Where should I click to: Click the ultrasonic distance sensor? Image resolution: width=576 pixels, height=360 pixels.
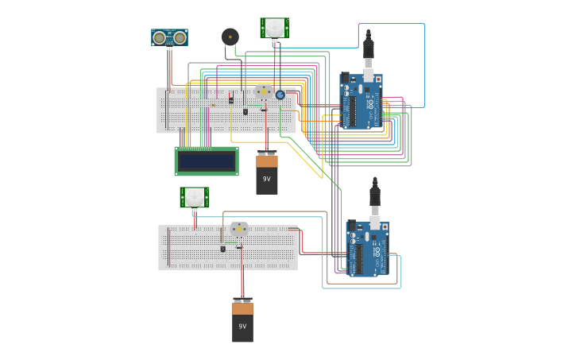point(169,37)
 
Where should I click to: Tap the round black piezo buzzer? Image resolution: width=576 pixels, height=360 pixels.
point(230,37)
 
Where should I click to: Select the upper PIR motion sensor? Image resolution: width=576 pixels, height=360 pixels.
point(274,28)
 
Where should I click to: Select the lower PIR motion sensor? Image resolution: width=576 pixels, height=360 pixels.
point(195,197)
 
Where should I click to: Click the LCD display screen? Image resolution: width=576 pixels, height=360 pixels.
point(207,161)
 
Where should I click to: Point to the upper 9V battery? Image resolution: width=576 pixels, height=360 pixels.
point(267,173)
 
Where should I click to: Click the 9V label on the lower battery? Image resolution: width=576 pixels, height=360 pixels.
point(243,326)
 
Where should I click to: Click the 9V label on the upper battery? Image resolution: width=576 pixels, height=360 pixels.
point(267,179)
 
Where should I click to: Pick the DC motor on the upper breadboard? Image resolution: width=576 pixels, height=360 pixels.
point(263,92)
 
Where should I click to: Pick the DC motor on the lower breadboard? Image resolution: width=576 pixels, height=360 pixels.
point(239,230)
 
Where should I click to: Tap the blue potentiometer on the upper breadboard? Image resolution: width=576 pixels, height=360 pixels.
point(280,95)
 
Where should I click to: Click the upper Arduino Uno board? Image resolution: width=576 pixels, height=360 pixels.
point(361,102)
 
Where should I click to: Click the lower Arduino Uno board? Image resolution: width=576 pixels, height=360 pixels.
point(368,249)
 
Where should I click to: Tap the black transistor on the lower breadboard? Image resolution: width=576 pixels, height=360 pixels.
point(222,249)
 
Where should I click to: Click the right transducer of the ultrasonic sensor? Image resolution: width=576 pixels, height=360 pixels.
point(180,37)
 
